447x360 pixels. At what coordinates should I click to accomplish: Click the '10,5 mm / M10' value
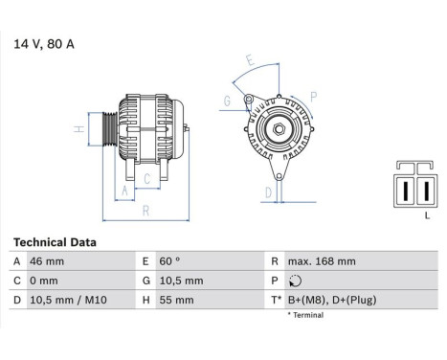68,301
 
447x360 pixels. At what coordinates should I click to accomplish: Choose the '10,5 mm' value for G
181,281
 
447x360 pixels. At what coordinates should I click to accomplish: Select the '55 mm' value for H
178,301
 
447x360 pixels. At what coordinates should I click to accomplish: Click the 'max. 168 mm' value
321,261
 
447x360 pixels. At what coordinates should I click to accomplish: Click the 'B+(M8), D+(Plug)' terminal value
332,301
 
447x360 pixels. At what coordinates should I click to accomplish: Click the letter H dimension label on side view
79,129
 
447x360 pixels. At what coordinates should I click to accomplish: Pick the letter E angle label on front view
251,59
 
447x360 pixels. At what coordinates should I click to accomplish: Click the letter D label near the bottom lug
268,192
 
